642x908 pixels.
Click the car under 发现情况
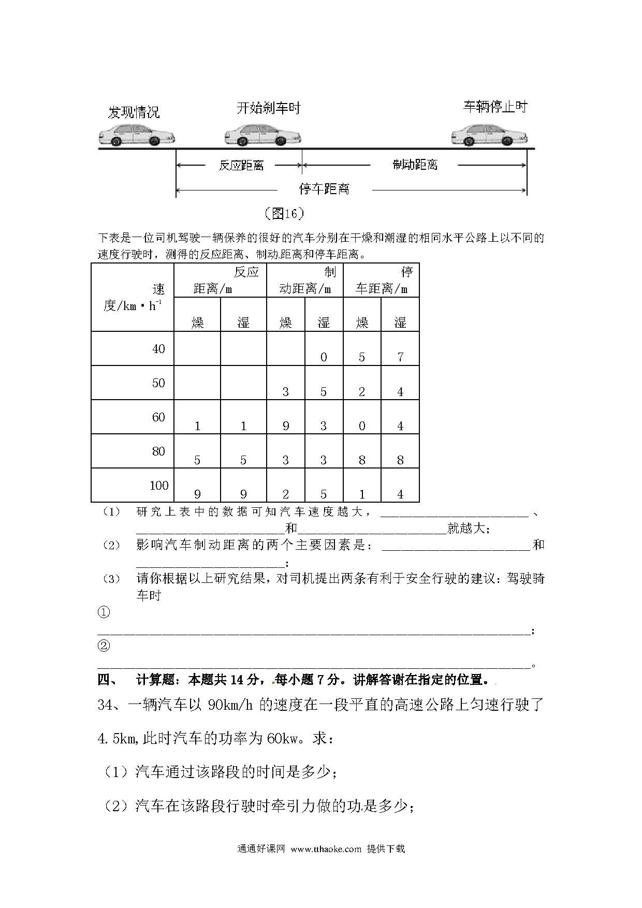tap(137, 135)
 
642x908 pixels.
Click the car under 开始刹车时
tap(262, 135)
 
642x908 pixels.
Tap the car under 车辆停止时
tap(489, 135)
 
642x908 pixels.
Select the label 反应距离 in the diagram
tap(241, 166)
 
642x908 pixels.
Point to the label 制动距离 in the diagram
tap(415, 165)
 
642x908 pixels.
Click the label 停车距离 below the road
tap(325, 189)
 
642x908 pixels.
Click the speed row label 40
tap(158, 349)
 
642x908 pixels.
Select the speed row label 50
tap(158, 383)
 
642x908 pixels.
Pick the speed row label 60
tap(158, 417)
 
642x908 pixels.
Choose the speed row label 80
tap(158, 451)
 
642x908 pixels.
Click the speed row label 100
tap(159, 486)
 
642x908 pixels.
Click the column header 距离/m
tap(213, 289)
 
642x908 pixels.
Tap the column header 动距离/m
tap(305, 289)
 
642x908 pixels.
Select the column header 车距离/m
tap(382, 289)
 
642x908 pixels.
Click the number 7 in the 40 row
tap(400, 357)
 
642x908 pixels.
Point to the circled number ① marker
tap(104, 612)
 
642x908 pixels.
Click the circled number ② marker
tap(104, 646)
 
